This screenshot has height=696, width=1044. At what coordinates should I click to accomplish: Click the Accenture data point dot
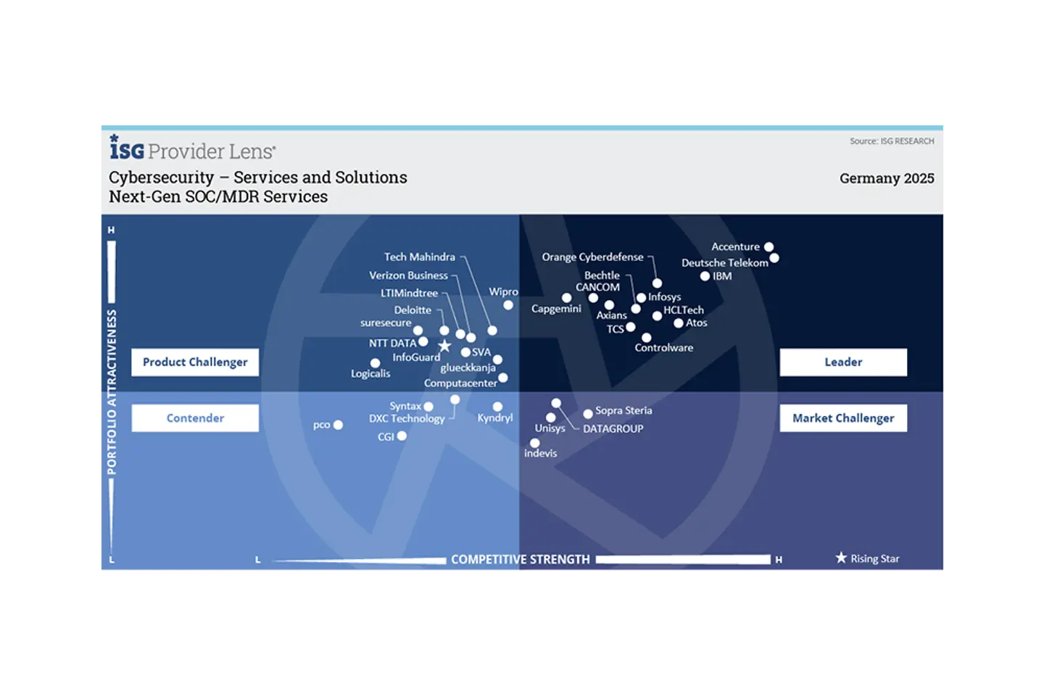pyautogui.click(x=768, y=247)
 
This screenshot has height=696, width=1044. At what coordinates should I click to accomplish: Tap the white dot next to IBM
pyautogui.click(x=705, y=276)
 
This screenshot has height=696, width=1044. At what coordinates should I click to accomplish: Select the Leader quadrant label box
pyautogui.click(x=843, y=362)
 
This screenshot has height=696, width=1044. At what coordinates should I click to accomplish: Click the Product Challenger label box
pyautogui.click(x=195, y=362)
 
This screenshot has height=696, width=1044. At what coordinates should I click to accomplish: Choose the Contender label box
pyautogui.click(x=195, y=418)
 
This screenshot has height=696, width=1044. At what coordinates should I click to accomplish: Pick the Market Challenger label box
pyautogui.click(x=843, y=418)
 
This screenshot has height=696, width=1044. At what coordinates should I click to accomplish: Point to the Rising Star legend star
pyautogui.click(x=841, y=558)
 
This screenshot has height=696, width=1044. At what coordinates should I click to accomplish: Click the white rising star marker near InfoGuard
pyautogui.click(x=444, y=347)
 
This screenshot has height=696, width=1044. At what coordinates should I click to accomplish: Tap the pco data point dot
pyautogui.click(x=338, y=425)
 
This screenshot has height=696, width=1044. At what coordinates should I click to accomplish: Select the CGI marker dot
pyautogui.click(x=402, y=436)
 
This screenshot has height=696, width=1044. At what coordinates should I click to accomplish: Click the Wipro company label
pyautogui.click(x=503, y=291)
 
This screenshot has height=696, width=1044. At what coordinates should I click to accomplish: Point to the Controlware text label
pyautogui.click(x=663, y=348)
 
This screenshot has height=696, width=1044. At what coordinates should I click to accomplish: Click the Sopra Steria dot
pyautogui.click(x=588, y=414)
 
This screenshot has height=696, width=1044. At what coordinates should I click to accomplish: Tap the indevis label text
pyautogui.click(x=540, y=453)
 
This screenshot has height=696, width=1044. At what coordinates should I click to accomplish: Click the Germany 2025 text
pyautogui.click(x=886, y=178)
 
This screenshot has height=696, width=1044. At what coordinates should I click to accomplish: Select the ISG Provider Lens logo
pyautogui.click(x=192, y=149)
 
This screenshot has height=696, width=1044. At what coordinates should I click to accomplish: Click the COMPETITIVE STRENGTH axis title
pyautogui.click(x=520, y=559)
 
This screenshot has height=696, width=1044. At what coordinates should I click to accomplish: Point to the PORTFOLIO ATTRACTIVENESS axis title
pyautogui.click(x=112, y=391)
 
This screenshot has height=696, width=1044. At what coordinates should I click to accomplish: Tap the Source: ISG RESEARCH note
pyautogui.click(x=891, y=141)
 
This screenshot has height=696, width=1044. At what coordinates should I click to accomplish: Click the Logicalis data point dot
pyautogui.click(x=375, y=363)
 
